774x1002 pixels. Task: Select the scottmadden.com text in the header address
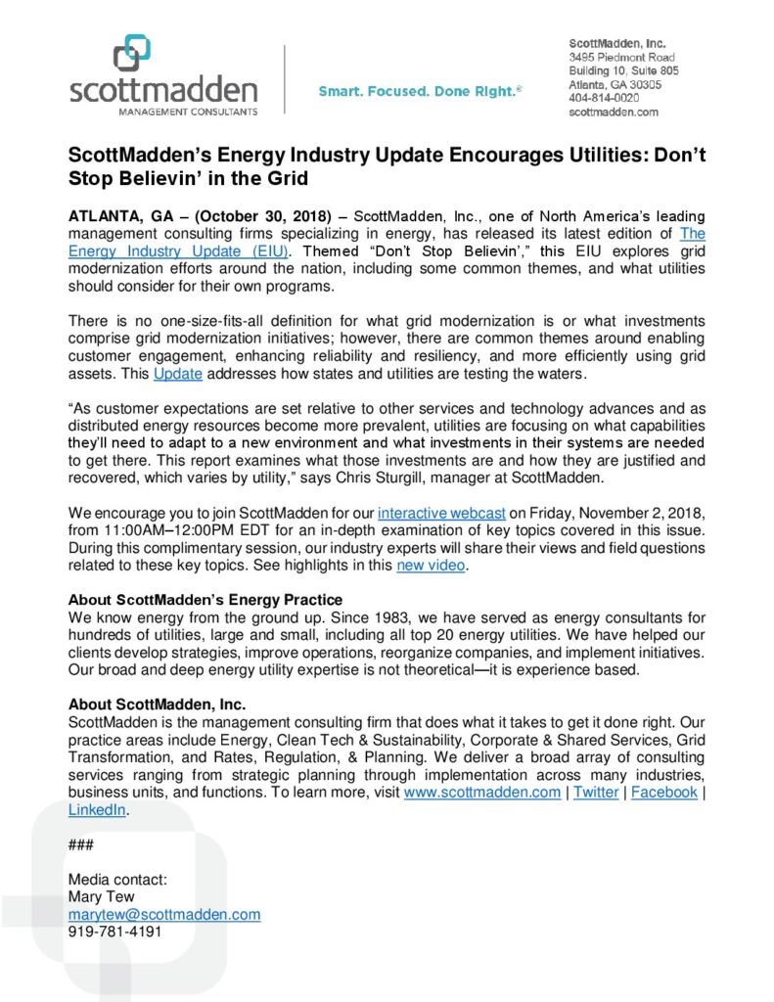[x=614, y=113]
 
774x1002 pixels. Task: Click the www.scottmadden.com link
[x=482, y=793]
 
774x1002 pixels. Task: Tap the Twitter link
[x=596, y=793]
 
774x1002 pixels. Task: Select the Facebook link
[x=664, y=793]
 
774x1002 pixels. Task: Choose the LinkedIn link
[x=98, y=810]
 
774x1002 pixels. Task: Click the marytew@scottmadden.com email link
[x=164, y=914]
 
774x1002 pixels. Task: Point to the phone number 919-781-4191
[x=114, y=932]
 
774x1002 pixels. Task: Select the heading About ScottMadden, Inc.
[x=157, y=705]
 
